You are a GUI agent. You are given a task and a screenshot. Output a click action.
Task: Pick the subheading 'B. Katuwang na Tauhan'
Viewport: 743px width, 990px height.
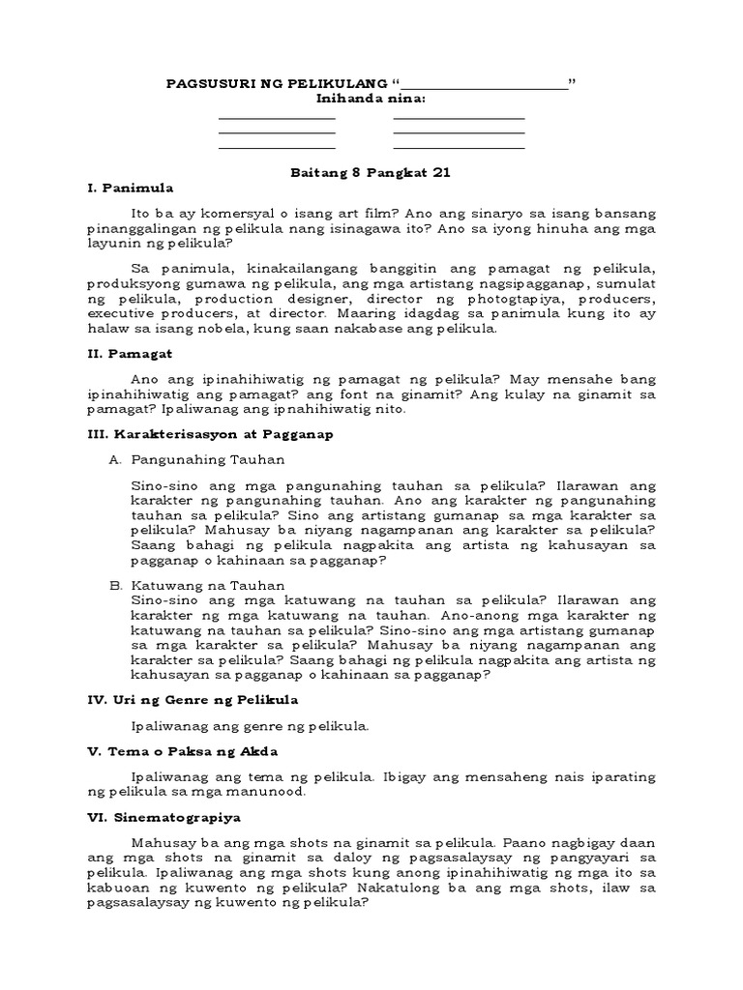pos(196,585)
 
